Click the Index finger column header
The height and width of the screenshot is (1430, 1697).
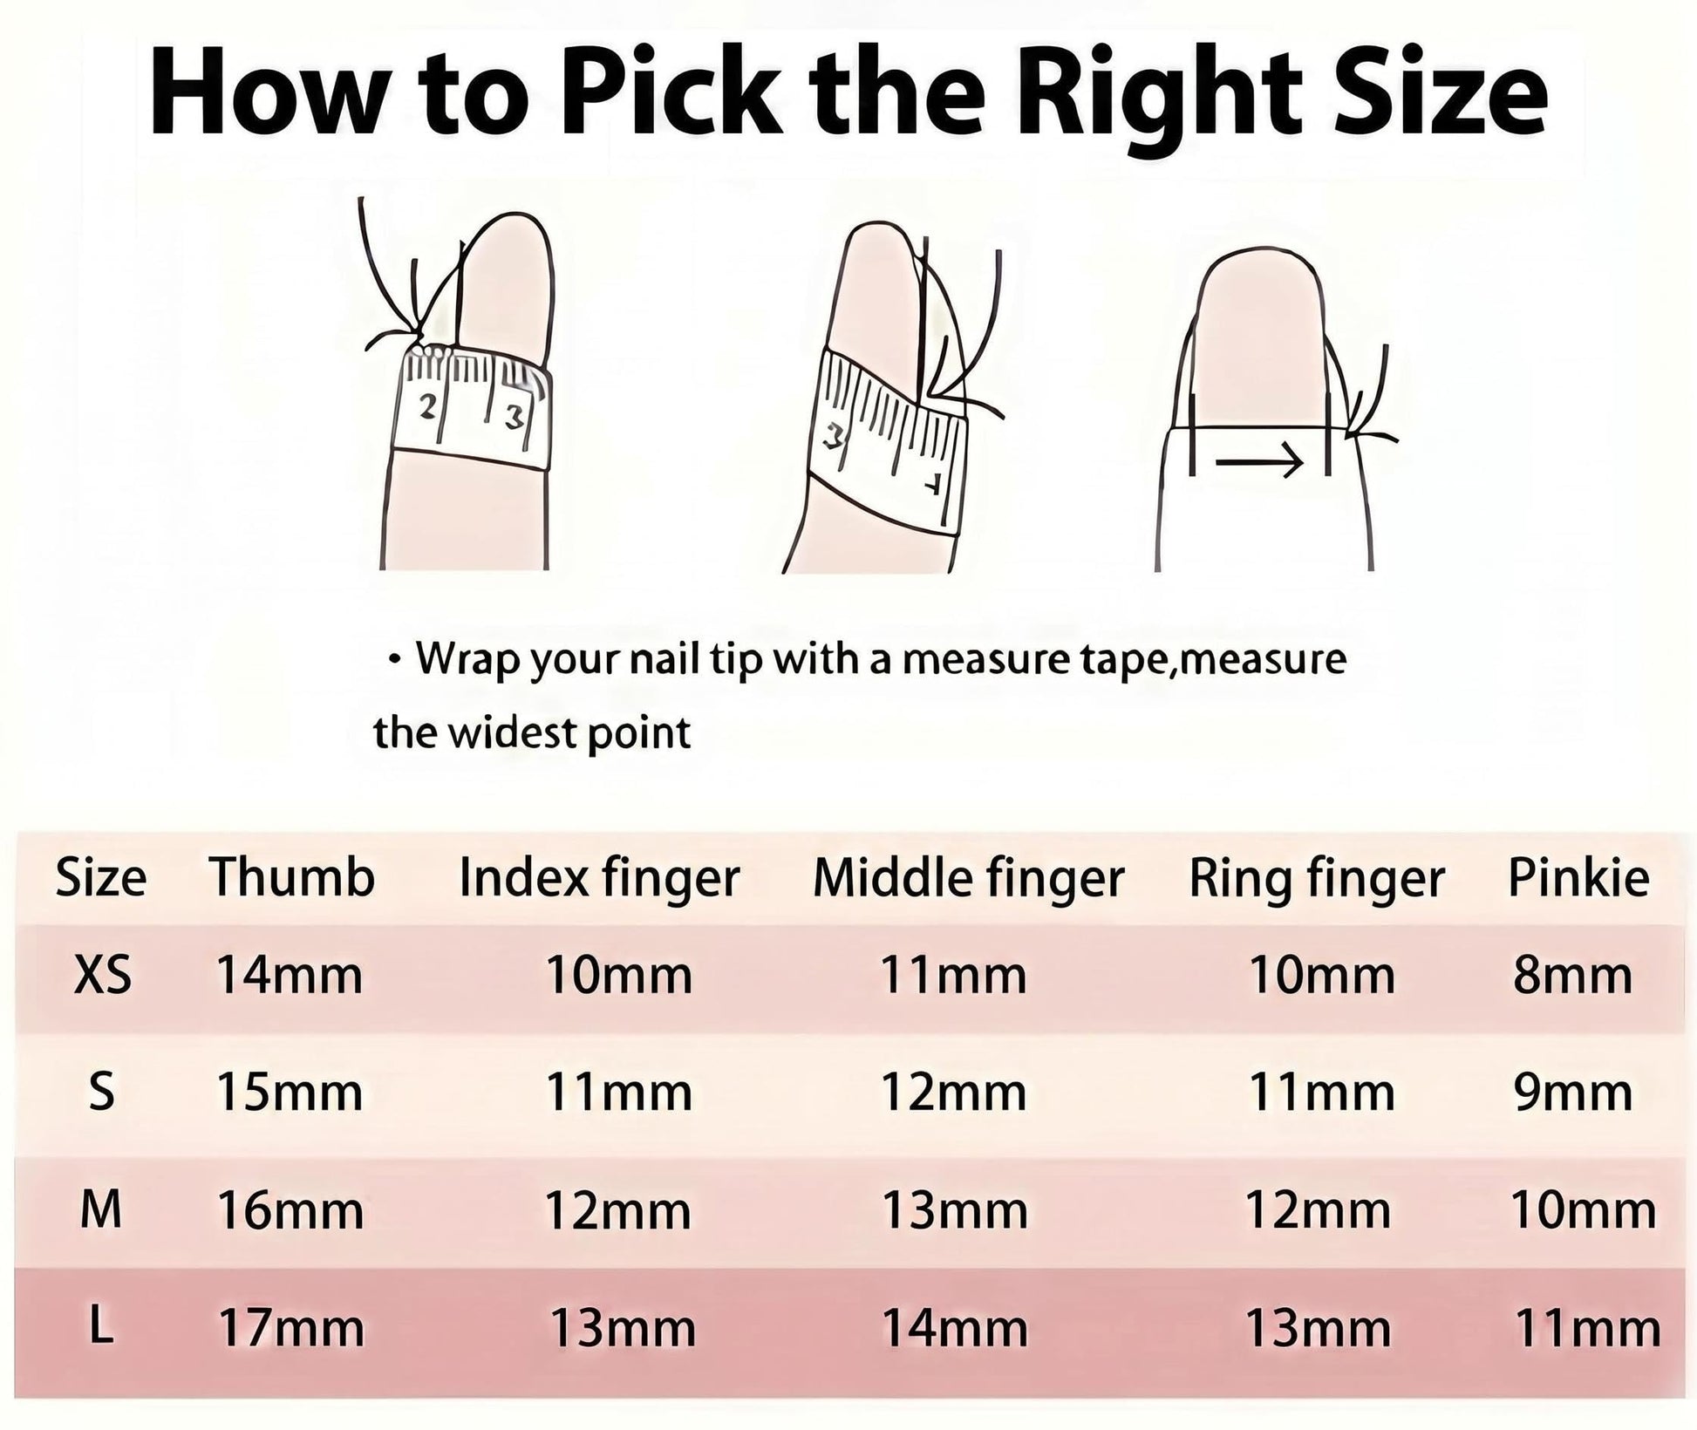pos(599,878)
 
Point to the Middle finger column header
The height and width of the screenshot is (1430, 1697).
pos(968,878)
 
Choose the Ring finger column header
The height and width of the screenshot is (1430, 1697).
pos(1317,878)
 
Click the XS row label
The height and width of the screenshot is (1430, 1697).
pos(103,974)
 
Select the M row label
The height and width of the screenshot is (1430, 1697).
pos(101,1209)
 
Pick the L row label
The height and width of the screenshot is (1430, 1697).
pos(100,1327)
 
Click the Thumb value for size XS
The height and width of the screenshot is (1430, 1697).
pos(290,975)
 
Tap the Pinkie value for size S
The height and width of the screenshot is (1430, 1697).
pos(1573,1093)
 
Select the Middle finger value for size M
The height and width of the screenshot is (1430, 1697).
pos(955,1210)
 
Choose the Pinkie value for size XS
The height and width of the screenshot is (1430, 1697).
pos(1573,975)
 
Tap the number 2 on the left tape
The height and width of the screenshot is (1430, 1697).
pos(428,405)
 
